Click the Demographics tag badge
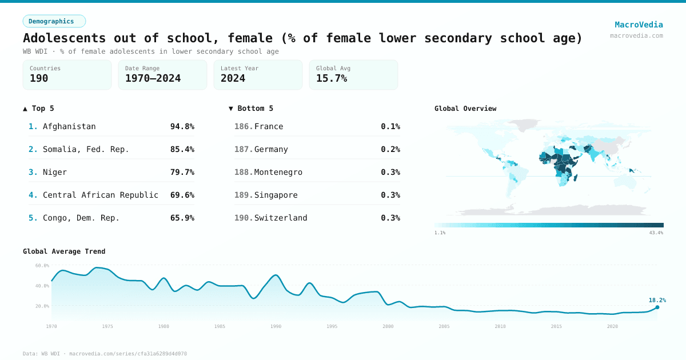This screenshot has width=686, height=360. pos(54,21)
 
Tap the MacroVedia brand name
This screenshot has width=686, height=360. pos(639,25)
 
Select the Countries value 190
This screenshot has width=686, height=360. pos(39,78)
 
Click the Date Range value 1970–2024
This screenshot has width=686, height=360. pos(153,78)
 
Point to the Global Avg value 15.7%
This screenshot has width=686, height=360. pos(332,78)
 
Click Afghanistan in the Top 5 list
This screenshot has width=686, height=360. pos(69,126)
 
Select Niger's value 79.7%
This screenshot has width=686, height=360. pos(182,172)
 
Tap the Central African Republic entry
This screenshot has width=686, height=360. pos(101,195)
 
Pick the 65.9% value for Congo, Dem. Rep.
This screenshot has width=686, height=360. pos(182,218)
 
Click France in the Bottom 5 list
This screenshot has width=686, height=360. pos(269,126)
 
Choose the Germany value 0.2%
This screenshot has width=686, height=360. pos(390,149)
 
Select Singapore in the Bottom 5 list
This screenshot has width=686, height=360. pos(276,195)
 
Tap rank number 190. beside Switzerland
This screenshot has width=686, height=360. pos(243,218)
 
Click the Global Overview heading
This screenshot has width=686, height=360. pos(465,109)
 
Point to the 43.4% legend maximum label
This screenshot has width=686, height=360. pos(656,233)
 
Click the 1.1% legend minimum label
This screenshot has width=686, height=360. pos(440,233)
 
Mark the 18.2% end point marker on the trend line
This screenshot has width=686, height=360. pos(657,307)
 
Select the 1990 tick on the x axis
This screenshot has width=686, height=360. pos(276,326)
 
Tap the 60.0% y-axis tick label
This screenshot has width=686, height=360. pos(42,265)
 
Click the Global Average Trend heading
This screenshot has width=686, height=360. pos(64,251)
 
